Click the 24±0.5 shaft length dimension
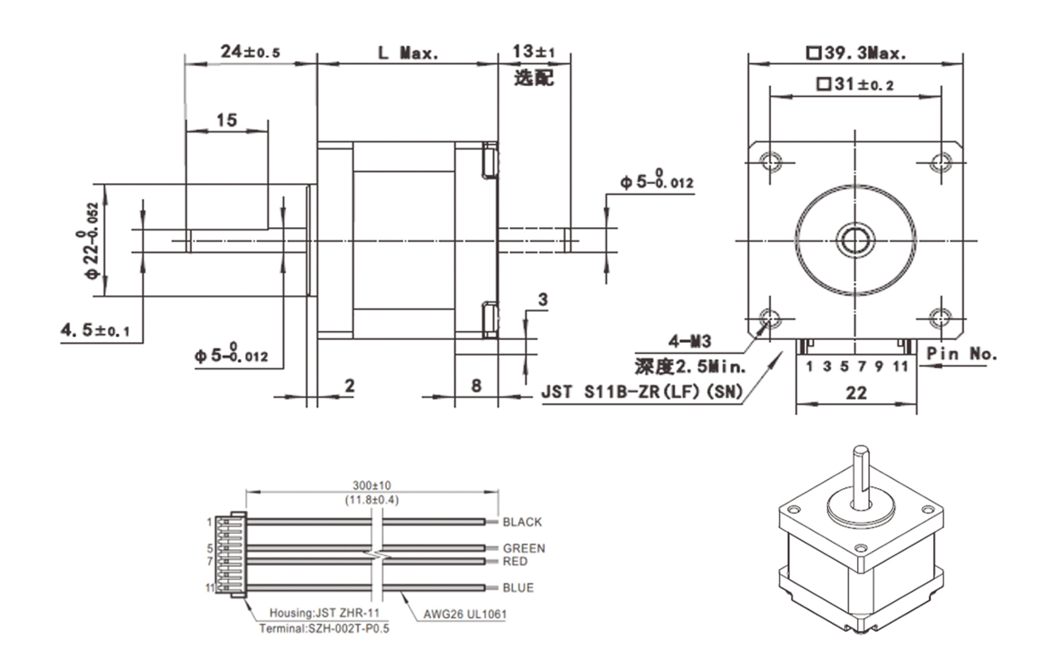click(250, 52)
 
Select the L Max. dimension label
click(407, 53)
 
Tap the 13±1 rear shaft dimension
click(534, 51)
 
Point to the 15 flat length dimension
click(226, 120)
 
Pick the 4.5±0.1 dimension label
click(95, 330)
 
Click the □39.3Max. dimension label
click(856, 53)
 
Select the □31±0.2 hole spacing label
click(855, 84)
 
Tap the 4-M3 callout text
click(689, 342)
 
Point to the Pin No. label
click(961, 353)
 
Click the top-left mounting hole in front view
click(770, 161)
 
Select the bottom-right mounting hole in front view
click(941, 319)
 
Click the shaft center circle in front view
click(855, 240)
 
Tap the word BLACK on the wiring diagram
click(522, 522)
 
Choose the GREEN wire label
click(524, 548)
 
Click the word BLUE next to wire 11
click(518, 588)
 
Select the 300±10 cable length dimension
click(371, 486)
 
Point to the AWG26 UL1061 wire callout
click(465, 615)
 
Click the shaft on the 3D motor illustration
click(861, 473)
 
